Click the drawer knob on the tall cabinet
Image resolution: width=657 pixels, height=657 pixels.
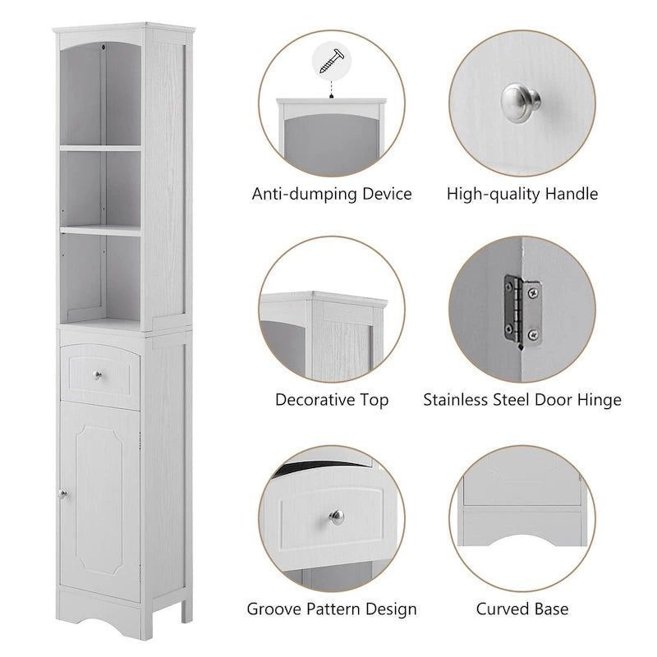click(x=99, y=374)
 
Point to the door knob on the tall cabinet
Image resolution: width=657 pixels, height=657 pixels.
click(x=62, y=493)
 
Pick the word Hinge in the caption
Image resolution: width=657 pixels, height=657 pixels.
click(x=600, y=401)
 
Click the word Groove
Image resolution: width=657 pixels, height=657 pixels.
click(x=275, y=609)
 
